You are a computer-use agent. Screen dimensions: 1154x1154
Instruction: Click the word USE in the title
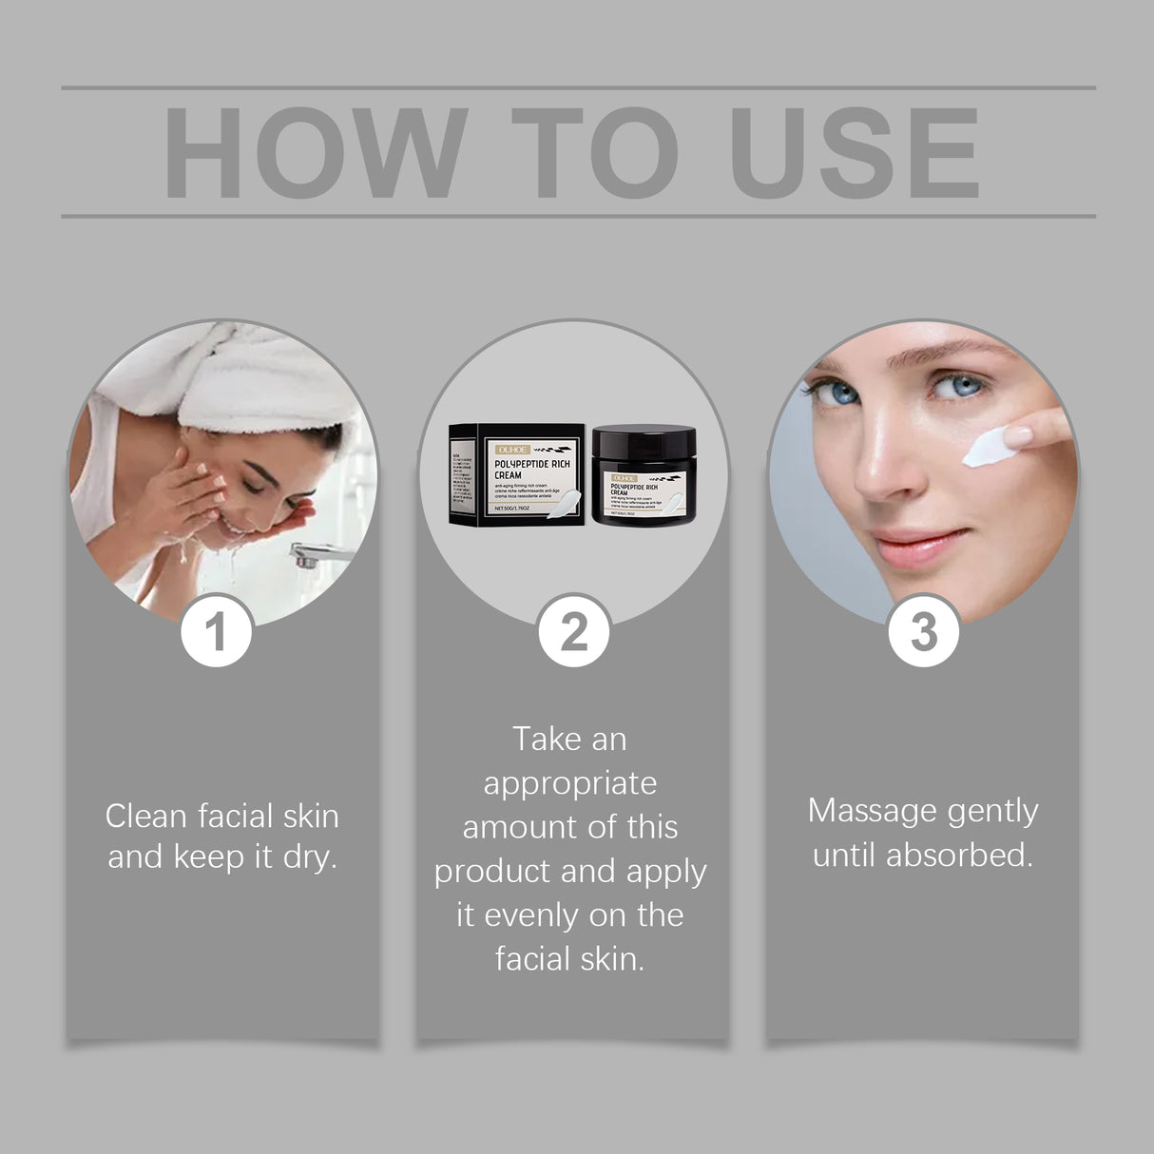856,154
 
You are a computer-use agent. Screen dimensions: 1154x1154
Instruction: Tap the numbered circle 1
217,631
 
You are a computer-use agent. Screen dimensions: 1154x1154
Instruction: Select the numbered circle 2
573,631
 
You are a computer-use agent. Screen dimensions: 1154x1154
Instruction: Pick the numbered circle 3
923,631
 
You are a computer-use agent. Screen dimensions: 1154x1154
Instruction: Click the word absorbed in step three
959,855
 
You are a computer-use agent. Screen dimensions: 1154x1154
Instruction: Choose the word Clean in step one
143,816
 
